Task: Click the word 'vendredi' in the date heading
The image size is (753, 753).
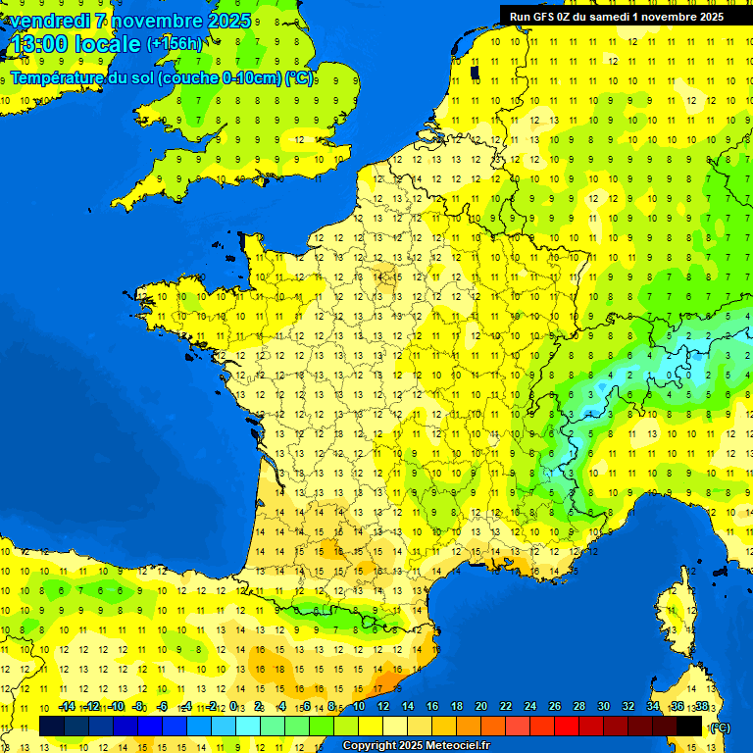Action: [x=49, y=21]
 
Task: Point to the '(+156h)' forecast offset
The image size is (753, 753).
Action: [x=175, y=44]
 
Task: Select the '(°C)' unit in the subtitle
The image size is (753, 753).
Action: [x=298, y=78]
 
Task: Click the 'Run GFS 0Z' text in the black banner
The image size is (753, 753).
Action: [x=544, y=17]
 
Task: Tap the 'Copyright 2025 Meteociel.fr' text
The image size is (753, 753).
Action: [x=416, y=745]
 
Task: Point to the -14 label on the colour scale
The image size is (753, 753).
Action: [x=67, y=707]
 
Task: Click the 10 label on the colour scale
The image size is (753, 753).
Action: [x=359, y=707]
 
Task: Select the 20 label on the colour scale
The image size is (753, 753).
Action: [x=480, y=707]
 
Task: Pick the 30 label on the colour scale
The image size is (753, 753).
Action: [x=603, y=707]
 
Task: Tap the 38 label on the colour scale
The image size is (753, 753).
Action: [x=701, y=707]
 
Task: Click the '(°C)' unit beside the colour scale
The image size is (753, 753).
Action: [x=720, y=728]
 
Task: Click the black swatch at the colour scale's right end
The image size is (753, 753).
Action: [x=689, y=726]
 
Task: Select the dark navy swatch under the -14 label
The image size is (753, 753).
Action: [x=52, y=726]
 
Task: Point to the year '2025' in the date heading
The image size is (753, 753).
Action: [x=223, y=21]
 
